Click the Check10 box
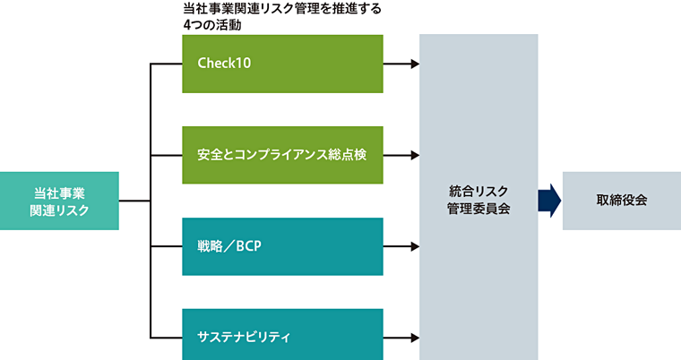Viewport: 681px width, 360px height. click(282, 64)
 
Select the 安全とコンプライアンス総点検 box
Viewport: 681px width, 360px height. click(282, 155)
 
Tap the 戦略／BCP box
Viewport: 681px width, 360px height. click(282, 246)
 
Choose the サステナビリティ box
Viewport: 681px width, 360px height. click(282, 338)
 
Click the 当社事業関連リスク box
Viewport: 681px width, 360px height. click(59, 201)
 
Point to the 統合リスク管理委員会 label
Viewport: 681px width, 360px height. click(478, 200)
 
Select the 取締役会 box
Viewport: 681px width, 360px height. click(621, 201)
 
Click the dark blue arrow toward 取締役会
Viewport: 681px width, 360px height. click(549, 201)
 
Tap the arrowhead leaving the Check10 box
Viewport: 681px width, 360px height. click(414, 64)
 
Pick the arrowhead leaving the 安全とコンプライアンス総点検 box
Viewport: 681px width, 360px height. click(414, 155)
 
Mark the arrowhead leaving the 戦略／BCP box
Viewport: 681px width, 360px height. click(414, 246)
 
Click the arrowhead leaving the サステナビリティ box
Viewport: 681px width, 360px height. click(414, 338)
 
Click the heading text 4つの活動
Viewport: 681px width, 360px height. click(212, 25)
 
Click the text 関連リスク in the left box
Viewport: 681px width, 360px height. click(59, 210)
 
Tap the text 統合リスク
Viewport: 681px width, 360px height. click(478, 191)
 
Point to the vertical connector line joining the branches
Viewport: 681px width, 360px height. click(151, 201)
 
